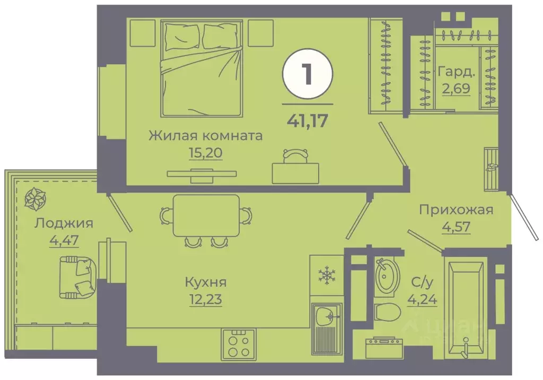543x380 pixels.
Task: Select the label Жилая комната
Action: (205, 135)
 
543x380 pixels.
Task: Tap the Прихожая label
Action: (456, 210)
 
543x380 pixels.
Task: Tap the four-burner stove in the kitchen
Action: (238, 344)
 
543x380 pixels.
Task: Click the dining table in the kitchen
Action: (206, 215)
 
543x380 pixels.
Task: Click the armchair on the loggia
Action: (77, 276)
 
